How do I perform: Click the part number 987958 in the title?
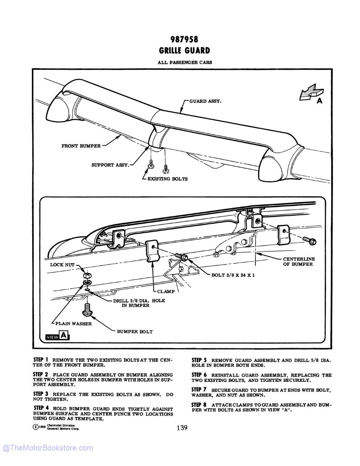[x=184, y=39]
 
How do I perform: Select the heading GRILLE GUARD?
[x=184, y=50]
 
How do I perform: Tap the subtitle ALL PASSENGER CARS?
[x=185, y=62]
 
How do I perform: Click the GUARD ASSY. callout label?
[x=205, y=101]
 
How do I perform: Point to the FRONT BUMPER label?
[x=81, y=146]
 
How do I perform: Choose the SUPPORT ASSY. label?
[x=110, y=165]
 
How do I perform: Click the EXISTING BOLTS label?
[x=167, y=179]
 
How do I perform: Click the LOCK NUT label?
[x=62, y=265]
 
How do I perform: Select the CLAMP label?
[x=166, y=292]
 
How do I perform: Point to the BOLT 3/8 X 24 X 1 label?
[x=233, y=275]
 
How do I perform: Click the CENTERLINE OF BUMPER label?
[x=299, y=262]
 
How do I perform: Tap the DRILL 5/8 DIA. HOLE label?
[x=139, y=303]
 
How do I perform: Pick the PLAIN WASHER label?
[x=73, y=324]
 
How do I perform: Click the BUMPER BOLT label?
[x=135, y=332]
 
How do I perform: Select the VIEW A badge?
[x=57, y=336]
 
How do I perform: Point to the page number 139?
[x=182, y=428]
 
